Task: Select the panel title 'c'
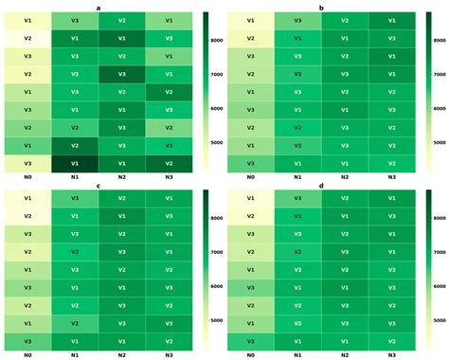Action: point(99,187)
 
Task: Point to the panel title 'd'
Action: point(321,187)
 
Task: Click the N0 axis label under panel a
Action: point(27,177)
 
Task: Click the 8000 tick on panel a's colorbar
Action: point(218,41)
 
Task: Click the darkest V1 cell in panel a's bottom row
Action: point(75,163)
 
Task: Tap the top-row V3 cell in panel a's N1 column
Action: point(75,20)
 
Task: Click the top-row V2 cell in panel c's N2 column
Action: point(122,199)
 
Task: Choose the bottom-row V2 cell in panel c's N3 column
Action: point(169,341)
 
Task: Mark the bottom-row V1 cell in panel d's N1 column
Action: point(297,341)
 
